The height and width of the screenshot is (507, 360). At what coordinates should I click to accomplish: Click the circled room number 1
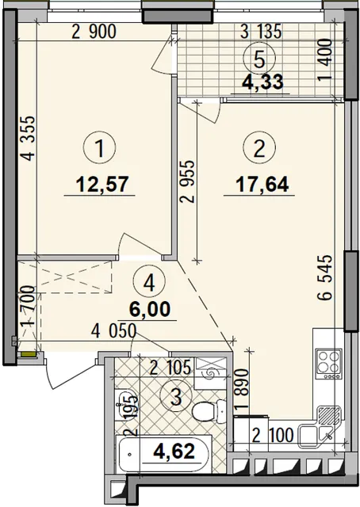(x=100, y=149)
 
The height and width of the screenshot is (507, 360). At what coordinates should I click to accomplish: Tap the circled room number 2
(x=259, y=149)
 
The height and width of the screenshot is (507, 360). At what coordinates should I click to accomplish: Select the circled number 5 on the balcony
(x=259, y=60)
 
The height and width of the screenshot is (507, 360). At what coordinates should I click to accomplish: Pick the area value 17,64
(x=262, y=185)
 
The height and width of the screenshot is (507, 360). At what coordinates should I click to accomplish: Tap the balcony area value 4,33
(x=263, y=82)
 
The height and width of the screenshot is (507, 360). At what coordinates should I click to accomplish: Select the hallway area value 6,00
(x=150, y=309)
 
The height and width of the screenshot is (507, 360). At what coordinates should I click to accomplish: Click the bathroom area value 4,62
(x=174, y=451)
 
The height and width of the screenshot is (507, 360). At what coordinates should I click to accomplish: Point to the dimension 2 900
(x=94, y=32)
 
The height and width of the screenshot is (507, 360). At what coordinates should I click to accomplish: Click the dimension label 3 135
(x=261, y=32)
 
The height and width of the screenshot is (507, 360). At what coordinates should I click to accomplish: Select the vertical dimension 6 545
(x=324, y=278)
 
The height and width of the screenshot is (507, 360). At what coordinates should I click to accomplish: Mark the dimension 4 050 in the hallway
(x=113, y=331)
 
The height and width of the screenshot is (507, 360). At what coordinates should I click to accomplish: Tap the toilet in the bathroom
(x=209, y=411)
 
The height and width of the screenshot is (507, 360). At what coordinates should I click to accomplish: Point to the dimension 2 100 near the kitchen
(x=273, y=435)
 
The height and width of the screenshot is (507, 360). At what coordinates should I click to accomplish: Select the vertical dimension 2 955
(x=188, y=181)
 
